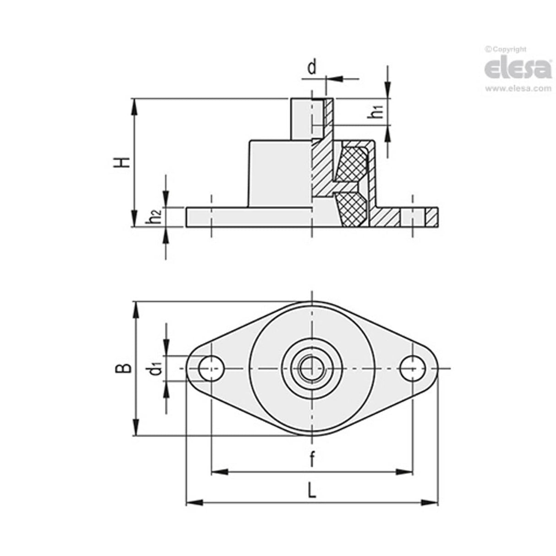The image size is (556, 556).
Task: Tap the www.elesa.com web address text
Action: click(x=518, y=89)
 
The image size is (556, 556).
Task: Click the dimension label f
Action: click(x=311, y=459)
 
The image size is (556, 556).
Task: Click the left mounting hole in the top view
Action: click(x=211, y=368)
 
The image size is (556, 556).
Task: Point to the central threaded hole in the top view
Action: click(x=311, y=368)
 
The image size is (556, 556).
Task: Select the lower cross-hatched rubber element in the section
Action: click(x=352, y=209)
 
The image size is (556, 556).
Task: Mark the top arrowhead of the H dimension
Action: click(x=135, y=106)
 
